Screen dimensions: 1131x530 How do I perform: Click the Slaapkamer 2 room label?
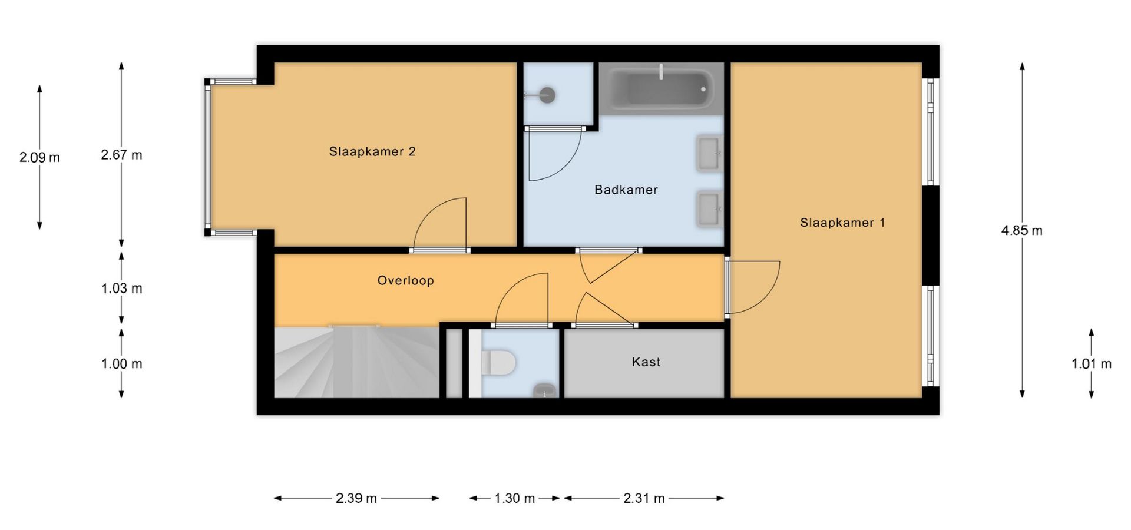(372, 152)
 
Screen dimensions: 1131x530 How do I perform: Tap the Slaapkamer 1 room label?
(842, 223)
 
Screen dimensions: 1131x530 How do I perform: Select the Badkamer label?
(626, 190)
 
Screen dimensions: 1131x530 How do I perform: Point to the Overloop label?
(406, 280)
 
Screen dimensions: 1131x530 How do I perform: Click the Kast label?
(646, 362)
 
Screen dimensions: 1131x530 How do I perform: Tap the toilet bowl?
(499, 362)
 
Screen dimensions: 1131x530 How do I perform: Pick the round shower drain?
(548, 94)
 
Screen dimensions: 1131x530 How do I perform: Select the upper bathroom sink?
(710, 154)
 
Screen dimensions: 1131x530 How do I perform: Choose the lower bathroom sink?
(710, 208)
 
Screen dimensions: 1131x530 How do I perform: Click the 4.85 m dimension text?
(1022, 231)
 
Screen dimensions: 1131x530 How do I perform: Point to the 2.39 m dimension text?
(356, 498)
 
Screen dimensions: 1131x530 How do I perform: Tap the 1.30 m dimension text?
(515, 498)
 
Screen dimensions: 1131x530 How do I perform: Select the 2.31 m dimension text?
(644, 498)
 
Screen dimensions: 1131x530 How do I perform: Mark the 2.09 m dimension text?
(39, 158)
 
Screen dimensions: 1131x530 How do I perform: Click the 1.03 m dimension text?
(122, 289)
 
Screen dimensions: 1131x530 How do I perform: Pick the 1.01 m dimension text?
(1092, 364)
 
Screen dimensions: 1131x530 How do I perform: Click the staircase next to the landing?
(357, 362)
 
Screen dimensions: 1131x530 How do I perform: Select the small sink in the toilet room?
(545, 390)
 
